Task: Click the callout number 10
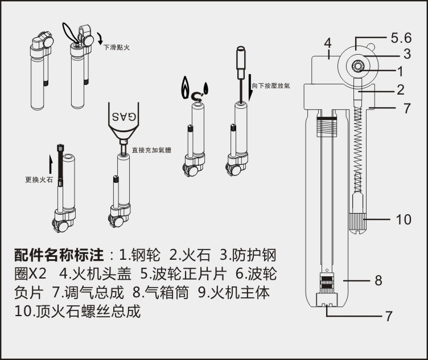click(x=403, y=219)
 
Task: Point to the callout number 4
click(x=327, y=43)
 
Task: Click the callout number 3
click(x=407, y=55)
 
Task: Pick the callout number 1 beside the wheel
click(x=400, y=72)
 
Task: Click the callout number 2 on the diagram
click(x=401, y=89)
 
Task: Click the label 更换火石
click(x=35, y=179)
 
